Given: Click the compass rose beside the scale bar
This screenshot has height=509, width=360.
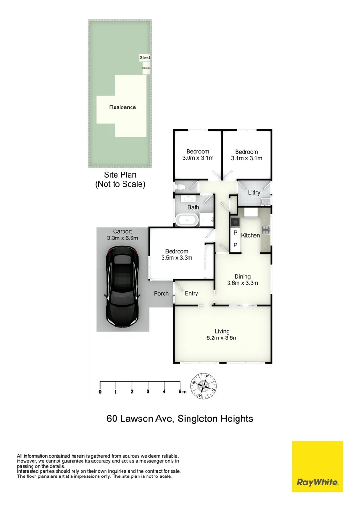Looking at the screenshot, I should (203, 386).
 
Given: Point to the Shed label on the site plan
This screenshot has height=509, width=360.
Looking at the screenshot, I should (145, 58).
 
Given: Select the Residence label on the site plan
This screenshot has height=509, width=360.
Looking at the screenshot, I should (123, 107).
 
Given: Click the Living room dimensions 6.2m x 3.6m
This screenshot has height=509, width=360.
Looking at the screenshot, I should (221, 338).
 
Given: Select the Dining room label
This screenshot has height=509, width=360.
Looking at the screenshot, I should (243, 277).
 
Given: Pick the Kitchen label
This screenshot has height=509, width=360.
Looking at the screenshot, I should (250, 235).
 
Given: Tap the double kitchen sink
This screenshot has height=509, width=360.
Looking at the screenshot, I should (266, 230).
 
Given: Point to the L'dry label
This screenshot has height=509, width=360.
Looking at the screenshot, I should (254, 193).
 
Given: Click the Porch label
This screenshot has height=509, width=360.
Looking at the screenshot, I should (161, 294).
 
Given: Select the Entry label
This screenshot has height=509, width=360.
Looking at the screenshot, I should (191, 294).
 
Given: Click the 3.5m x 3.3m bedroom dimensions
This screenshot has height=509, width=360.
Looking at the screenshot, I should (177, 258).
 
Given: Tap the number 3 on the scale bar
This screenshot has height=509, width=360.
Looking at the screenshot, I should (148, 392).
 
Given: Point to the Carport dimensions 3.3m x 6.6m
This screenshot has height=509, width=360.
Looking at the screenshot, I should (122, 238).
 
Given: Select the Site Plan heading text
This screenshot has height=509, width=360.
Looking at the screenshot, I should (120, 175).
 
